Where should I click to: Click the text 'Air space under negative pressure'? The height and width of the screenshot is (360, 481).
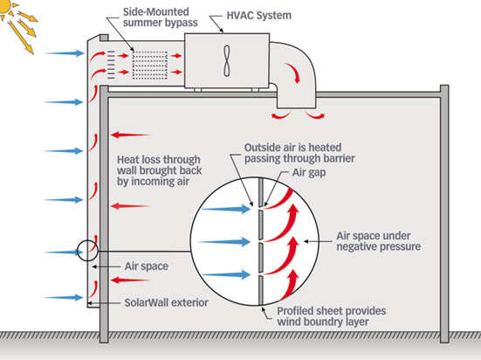[376, 242]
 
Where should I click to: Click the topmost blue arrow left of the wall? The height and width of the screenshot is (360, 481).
[63, 53]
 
